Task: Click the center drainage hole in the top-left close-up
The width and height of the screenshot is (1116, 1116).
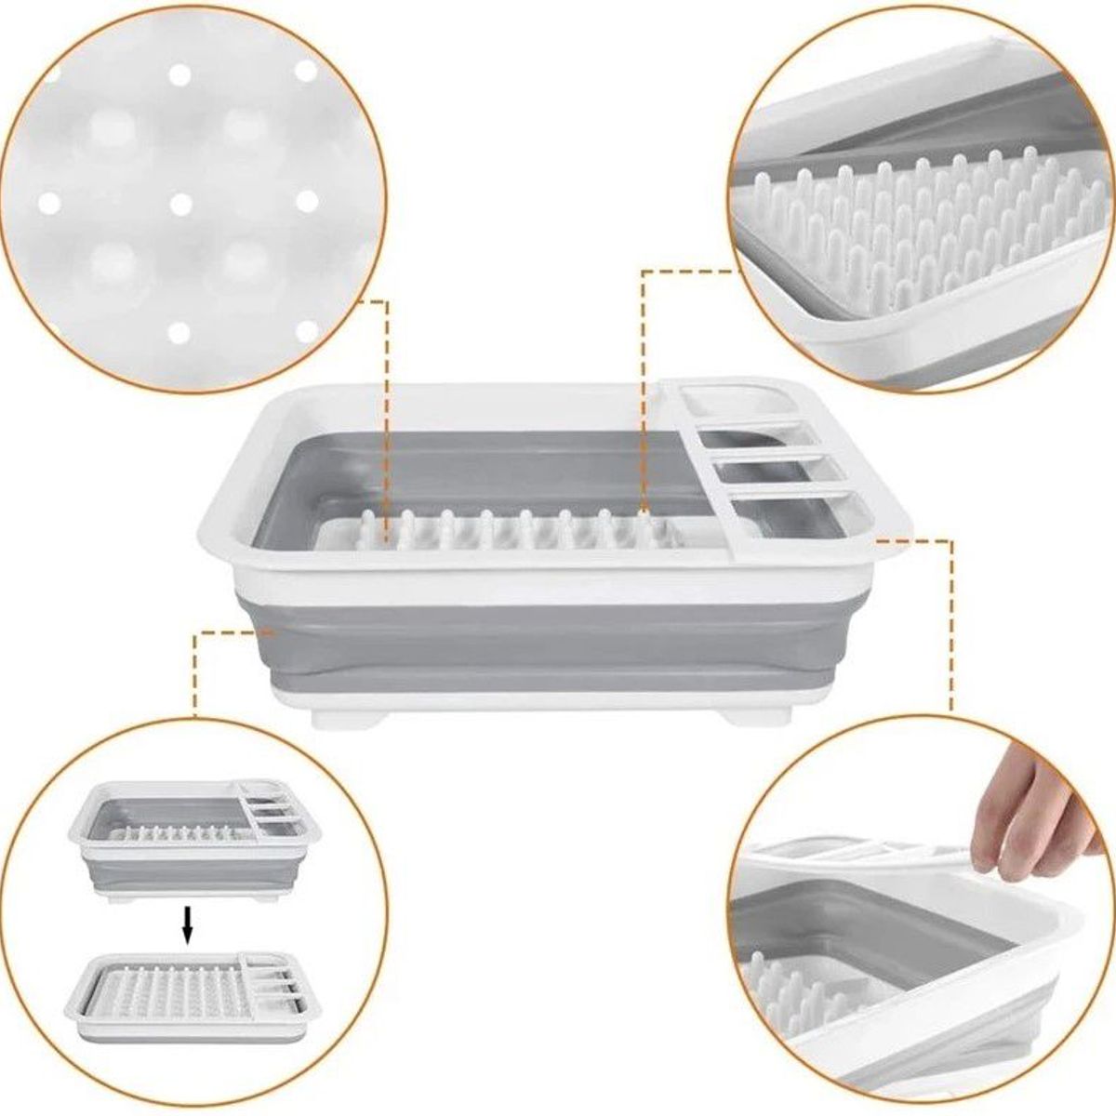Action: click(180, 202)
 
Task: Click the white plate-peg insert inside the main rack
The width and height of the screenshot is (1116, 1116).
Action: click(502, 535)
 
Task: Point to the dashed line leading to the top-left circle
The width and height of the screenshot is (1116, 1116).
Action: click(386, 409)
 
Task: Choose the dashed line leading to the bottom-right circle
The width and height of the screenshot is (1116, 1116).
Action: click(950, 623)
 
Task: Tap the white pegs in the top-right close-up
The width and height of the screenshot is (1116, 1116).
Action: click(921, 223)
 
